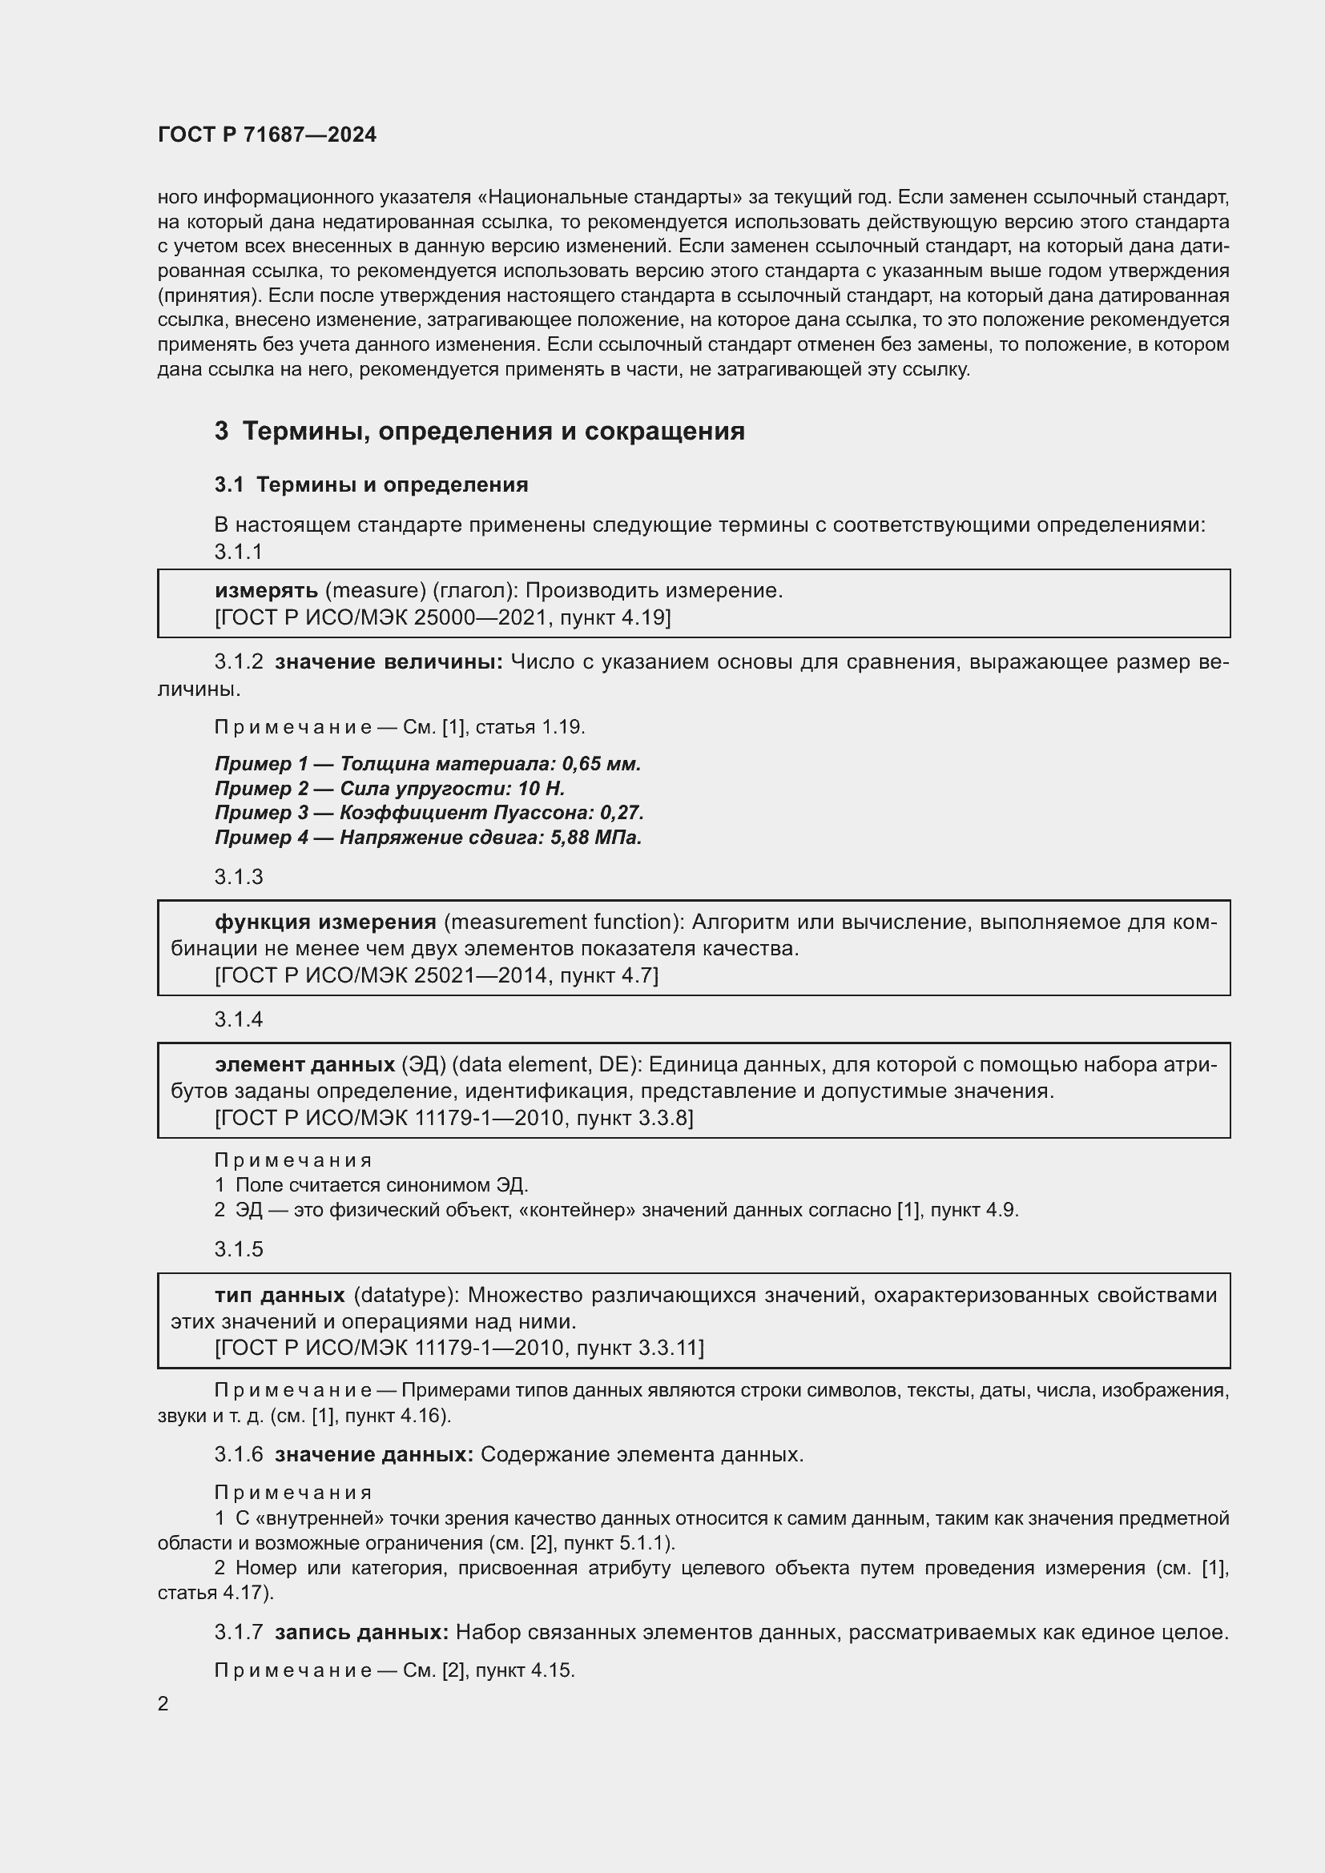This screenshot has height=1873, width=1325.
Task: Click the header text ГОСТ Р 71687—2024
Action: click(267, 135)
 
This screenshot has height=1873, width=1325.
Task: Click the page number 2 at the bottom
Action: click(163, 1703)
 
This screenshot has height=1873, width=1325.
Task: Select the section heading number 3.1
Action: click(229, 484)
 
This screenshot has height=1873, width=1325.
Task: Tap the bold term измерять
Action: click(266, 591)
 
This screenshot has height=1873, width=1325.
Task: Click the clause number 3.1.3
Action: click(239, 877)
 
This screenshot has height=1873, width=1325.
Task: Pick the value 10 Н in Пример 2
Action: click(541, 788)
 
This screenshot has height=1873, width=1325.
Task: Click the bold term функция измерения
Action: click(325, 922)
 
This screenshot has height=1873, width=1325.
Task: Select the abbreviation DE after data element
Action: click(614, 1064)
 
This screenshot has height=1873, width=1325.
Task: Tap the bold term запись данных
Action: click(361, 1632)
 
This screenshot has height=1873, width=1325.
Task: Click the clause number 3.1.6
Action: click(239, 1454)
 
